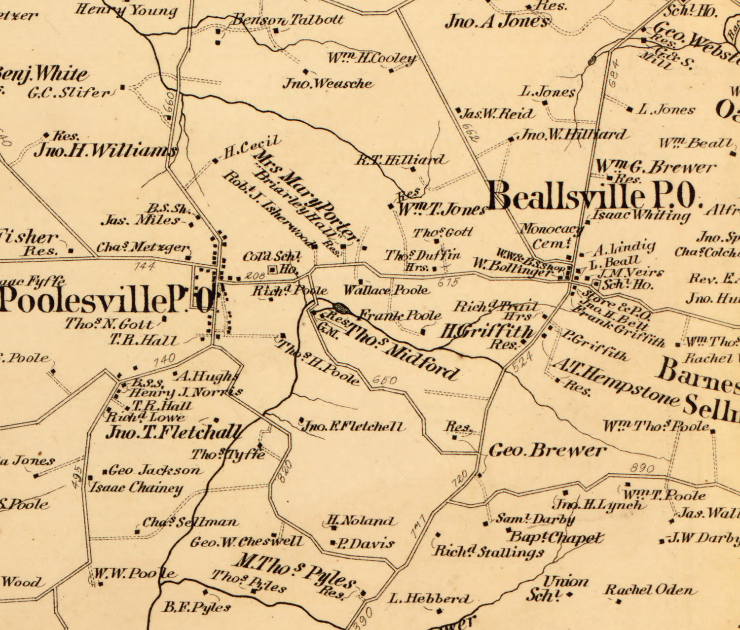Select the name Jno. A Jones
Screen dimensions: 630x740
pyautogui.click(x=496, y=22)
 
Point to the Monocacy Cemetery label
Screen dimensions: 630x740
pyautogui.click(x=551, y=236)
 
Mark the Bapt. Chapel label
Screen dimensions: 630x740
pyautogui.click(x=555, y=537)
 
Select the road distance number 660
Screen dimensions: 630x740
pyautogui.click(x=169, y=101)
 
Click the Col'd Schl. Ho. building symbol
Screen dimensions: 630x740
pyautogui.click(x=272, y=269)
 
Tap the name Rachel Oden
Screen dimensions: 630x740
pyautogui.click(x=648, y=590)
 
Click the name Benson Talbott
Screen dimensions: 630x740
pyautogui.click(x=288, y=20)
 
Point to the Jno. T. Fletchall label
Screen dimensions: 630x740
pyautogui.click(x=174, y=432)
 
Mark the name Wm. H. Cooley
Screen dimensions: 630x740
pyautogui.click(x=372, y=59)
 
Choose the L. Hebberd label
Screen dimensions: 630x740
pyautogui.click(x=429, y=599)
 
